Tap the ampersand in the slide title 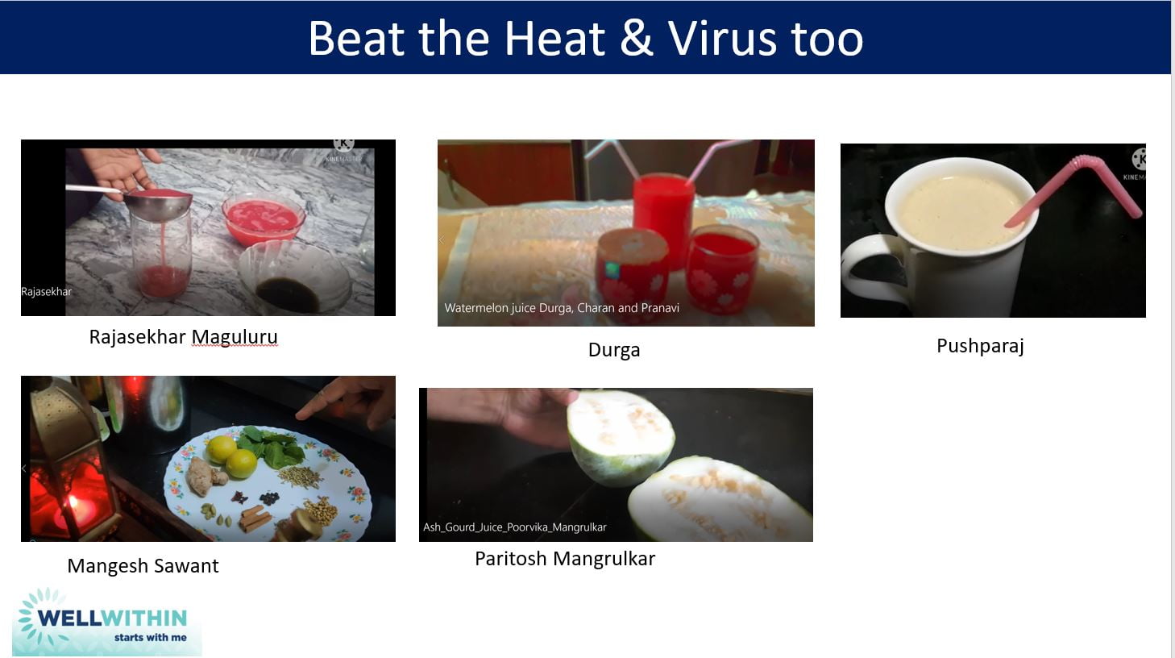click(x=637, y=38)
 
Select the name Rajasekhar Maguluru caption click(x=183, y=337)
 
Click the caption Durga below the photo click(x=613, y=350)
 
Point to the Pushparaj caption click(x=979, y=346)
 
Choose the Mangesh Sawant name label click(x=143, y=566)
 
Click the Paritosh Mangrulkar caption click(x=564, y=559)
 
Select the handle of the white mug click(x=866, y=270)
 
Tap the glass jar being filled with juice click(x=162, y=254)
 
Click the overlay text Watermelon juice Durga click(x=561, y=308)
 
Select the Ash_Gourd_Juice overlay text click(x=514, y=527)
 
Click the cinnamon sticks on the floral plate click(x=255, y=517)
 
